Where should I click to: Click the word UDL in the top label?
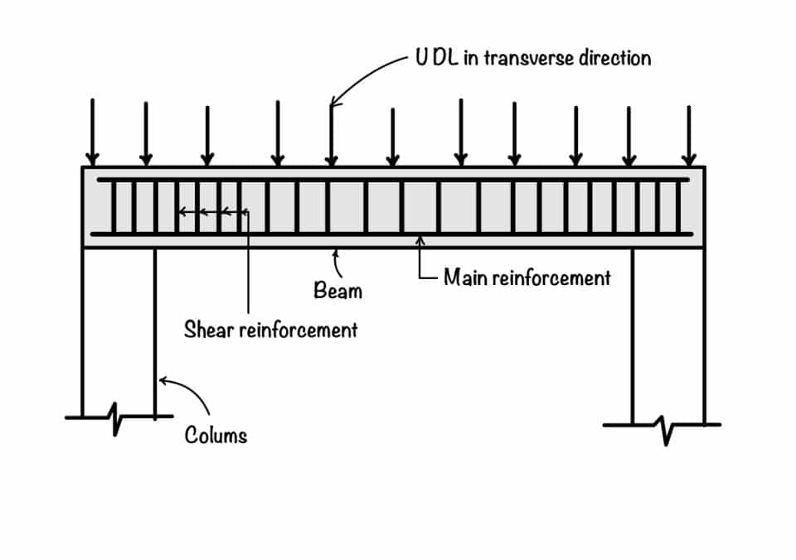click(434, 58)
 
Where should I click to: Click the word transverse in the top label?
click(531, 58)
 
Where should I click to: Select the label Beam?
click(337, 291)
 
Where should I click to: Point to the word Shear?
click(206, 330)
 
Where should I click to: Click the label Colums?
click(216, 435)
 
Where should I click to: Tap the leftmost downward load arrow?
click(93, 133)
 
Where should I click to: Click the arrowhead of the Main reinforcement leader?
click(421, 242)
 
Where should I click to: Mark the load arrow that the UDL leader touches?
click(332, 137)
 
